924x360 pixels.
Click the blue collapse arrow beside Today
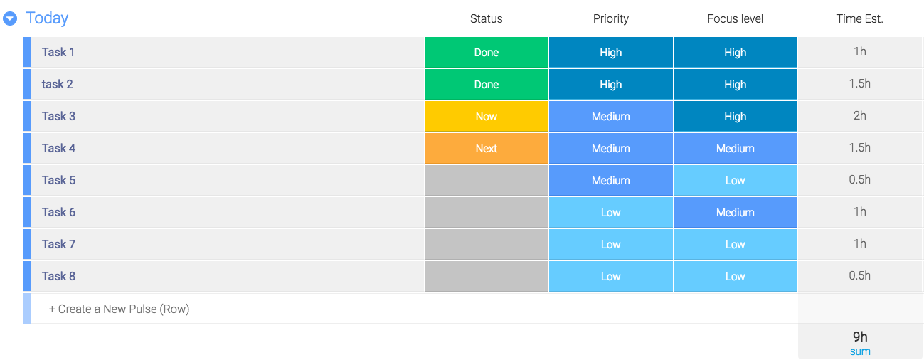(10, 18)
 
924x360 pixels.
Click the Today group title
(47, 18)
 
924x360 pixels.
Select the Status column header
(487, 18)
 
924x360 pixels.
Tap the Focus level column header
(735, 18)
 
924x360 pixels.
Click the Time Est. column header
(860, 18)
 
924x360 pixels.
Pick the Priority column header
(611, 19)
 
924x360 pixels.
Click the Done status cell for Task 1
(487, 53)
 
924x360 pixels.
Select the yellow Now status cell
(487, 116)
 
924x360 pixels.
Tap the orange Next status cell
(487, 149)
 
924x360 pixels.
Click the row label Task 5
(58, 180)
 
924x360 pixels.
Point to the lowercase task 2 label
(58, 84)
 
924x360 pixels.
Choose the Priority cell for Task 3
(611, 116)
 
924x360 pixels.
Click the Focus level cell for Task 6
(735, 212)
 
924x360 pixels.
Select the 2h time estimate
(860, 115)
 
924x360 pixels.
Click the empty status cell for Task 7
(487, 245)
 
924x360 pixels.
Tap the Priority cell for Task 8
(611, 276)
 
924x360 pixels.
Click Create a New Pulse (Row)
(119, 309)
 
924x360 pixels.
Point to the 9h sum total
(860, 337)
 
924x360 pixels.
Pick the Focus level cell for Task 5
(735, 180)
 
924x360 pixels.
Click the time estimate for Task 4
(860, 148)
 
